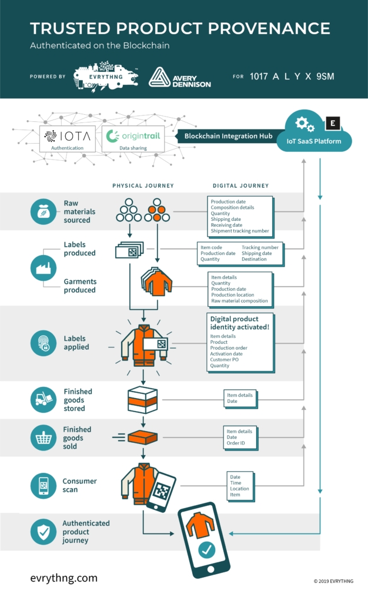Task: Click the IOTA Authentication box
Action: click(x=68, y=139)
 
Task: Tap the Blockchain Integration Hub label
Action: click(x=229, y=136)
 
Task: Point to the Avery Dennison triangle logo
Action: click(x=160, y=77)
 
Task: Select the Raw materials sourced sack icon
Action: click(x=44, y=211)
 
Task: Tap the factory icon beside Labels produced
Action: click(x=44, y=268)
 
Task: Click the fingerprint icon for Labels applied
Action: click(x=44, y=343)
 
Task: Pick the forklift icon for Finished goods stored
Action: click(x=44, y=400)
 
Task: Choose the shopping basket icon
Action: click(x=44, y=438)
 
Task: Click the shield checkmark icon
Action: click(x=44, y=532)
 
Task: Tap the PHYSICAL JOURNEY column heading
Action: click(x=143, y=186)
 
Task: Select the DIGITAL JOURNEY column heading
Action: click(x=240, y=186)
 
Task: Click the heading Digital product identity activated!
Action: click(x=239, y=323)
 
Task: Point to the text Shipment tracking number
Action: click(x=240, y=231)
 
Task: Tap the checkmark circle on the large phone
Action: click(x=206, y=550)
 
